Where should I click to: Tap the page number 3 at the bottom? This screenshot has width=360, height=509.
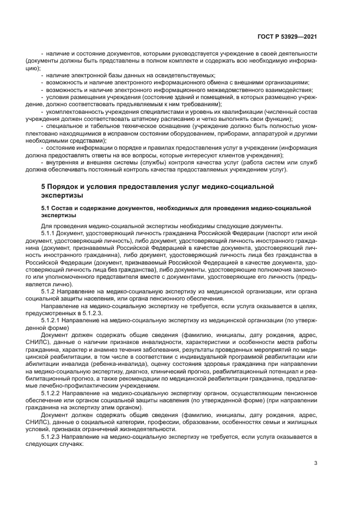[x=316, y=463]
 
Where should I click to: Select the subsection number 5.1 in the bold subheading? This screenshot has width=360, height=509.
[x=48, y=208]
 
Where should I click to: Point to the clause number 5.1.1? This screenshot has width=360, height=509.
[x=56, y=233]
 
